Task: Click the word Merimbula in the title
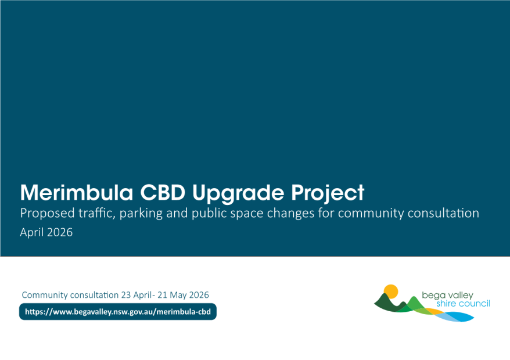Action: pos(77,193)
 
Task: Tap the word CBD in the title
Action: pos(163,193)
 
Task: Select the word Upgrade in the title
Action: pos(238,194)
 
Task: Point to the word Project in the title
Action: pos(328,194)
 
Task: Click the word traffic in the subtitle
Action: pos(97,213)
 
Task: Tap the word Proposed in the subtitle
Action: pos(48,214)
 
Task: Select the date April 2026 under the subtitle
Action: pos(46,232)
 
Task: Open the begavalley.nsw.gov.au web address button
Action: pos(118,312)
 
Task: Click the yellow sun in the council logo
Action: pos(391,291)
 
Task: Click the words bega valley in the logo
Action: pos(447,296)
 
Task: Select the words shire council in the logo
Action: pos(463,304)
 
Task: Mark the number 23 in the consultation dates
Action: pos(126,295)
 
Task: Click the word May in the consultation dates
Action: pos(178,296)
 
